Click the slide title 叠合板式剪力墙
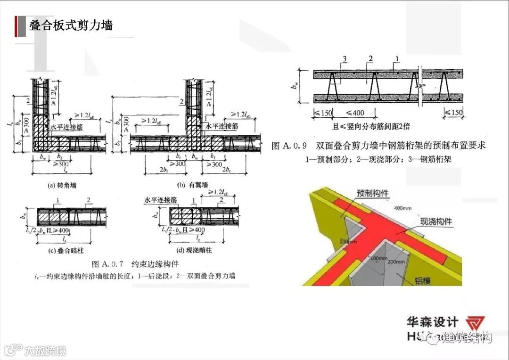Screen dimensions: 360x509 coord(71,25)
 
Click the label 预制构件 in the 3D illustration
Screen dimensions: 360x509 coord(372,193)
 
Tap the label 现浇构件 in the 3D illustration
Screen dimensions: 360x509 coord(435,221)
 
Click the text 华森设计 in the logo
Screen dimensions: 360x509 coord(433,322)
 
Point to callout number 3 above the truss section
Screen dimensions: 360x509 coord(345,58)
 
